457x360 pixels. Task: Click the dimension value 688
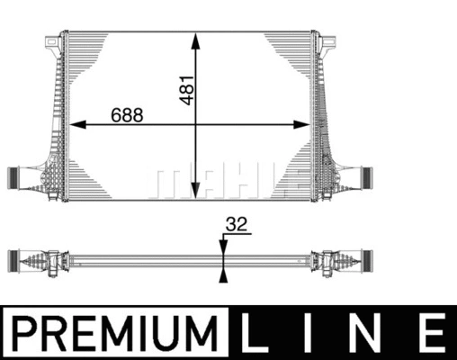click(x=127, y=115)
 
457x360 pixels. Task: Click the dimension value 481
click(x=187, y=86)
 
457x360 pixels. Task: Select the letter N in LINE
click(x=369, y=334)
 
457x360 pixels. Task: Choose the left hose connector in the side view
click(x=18, y=258)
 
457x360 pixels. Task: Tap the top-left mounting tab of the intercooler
click(x=49, y=40)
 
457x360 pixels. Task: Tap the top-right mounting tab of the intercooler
click(x=330, y=40)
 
